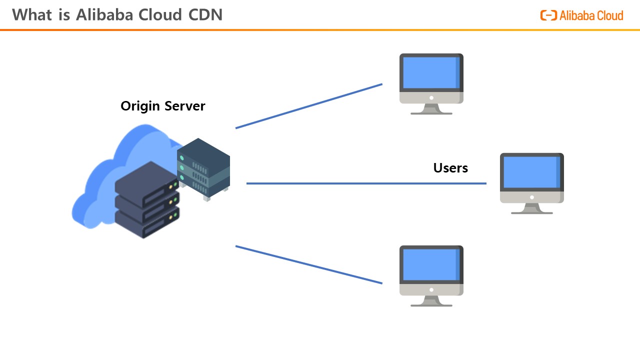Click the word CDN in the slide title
point(205,14)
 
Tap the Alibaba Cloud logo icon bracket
point(548,15)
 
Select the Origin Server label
point(162,106)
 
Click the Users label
point(450,168)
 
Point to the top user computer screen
point(430,72)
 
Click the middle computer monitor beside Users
point(531,172)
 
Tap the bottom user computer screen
point(430,264)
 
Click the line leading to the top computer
point(309,106)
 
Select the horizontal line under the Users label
point(366,183)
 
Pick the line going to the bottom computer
point(309,265)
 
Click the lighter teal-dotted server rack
point(203,168)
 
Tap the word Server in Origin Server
point(185,106)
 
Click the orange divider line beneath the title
point(320,30)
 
